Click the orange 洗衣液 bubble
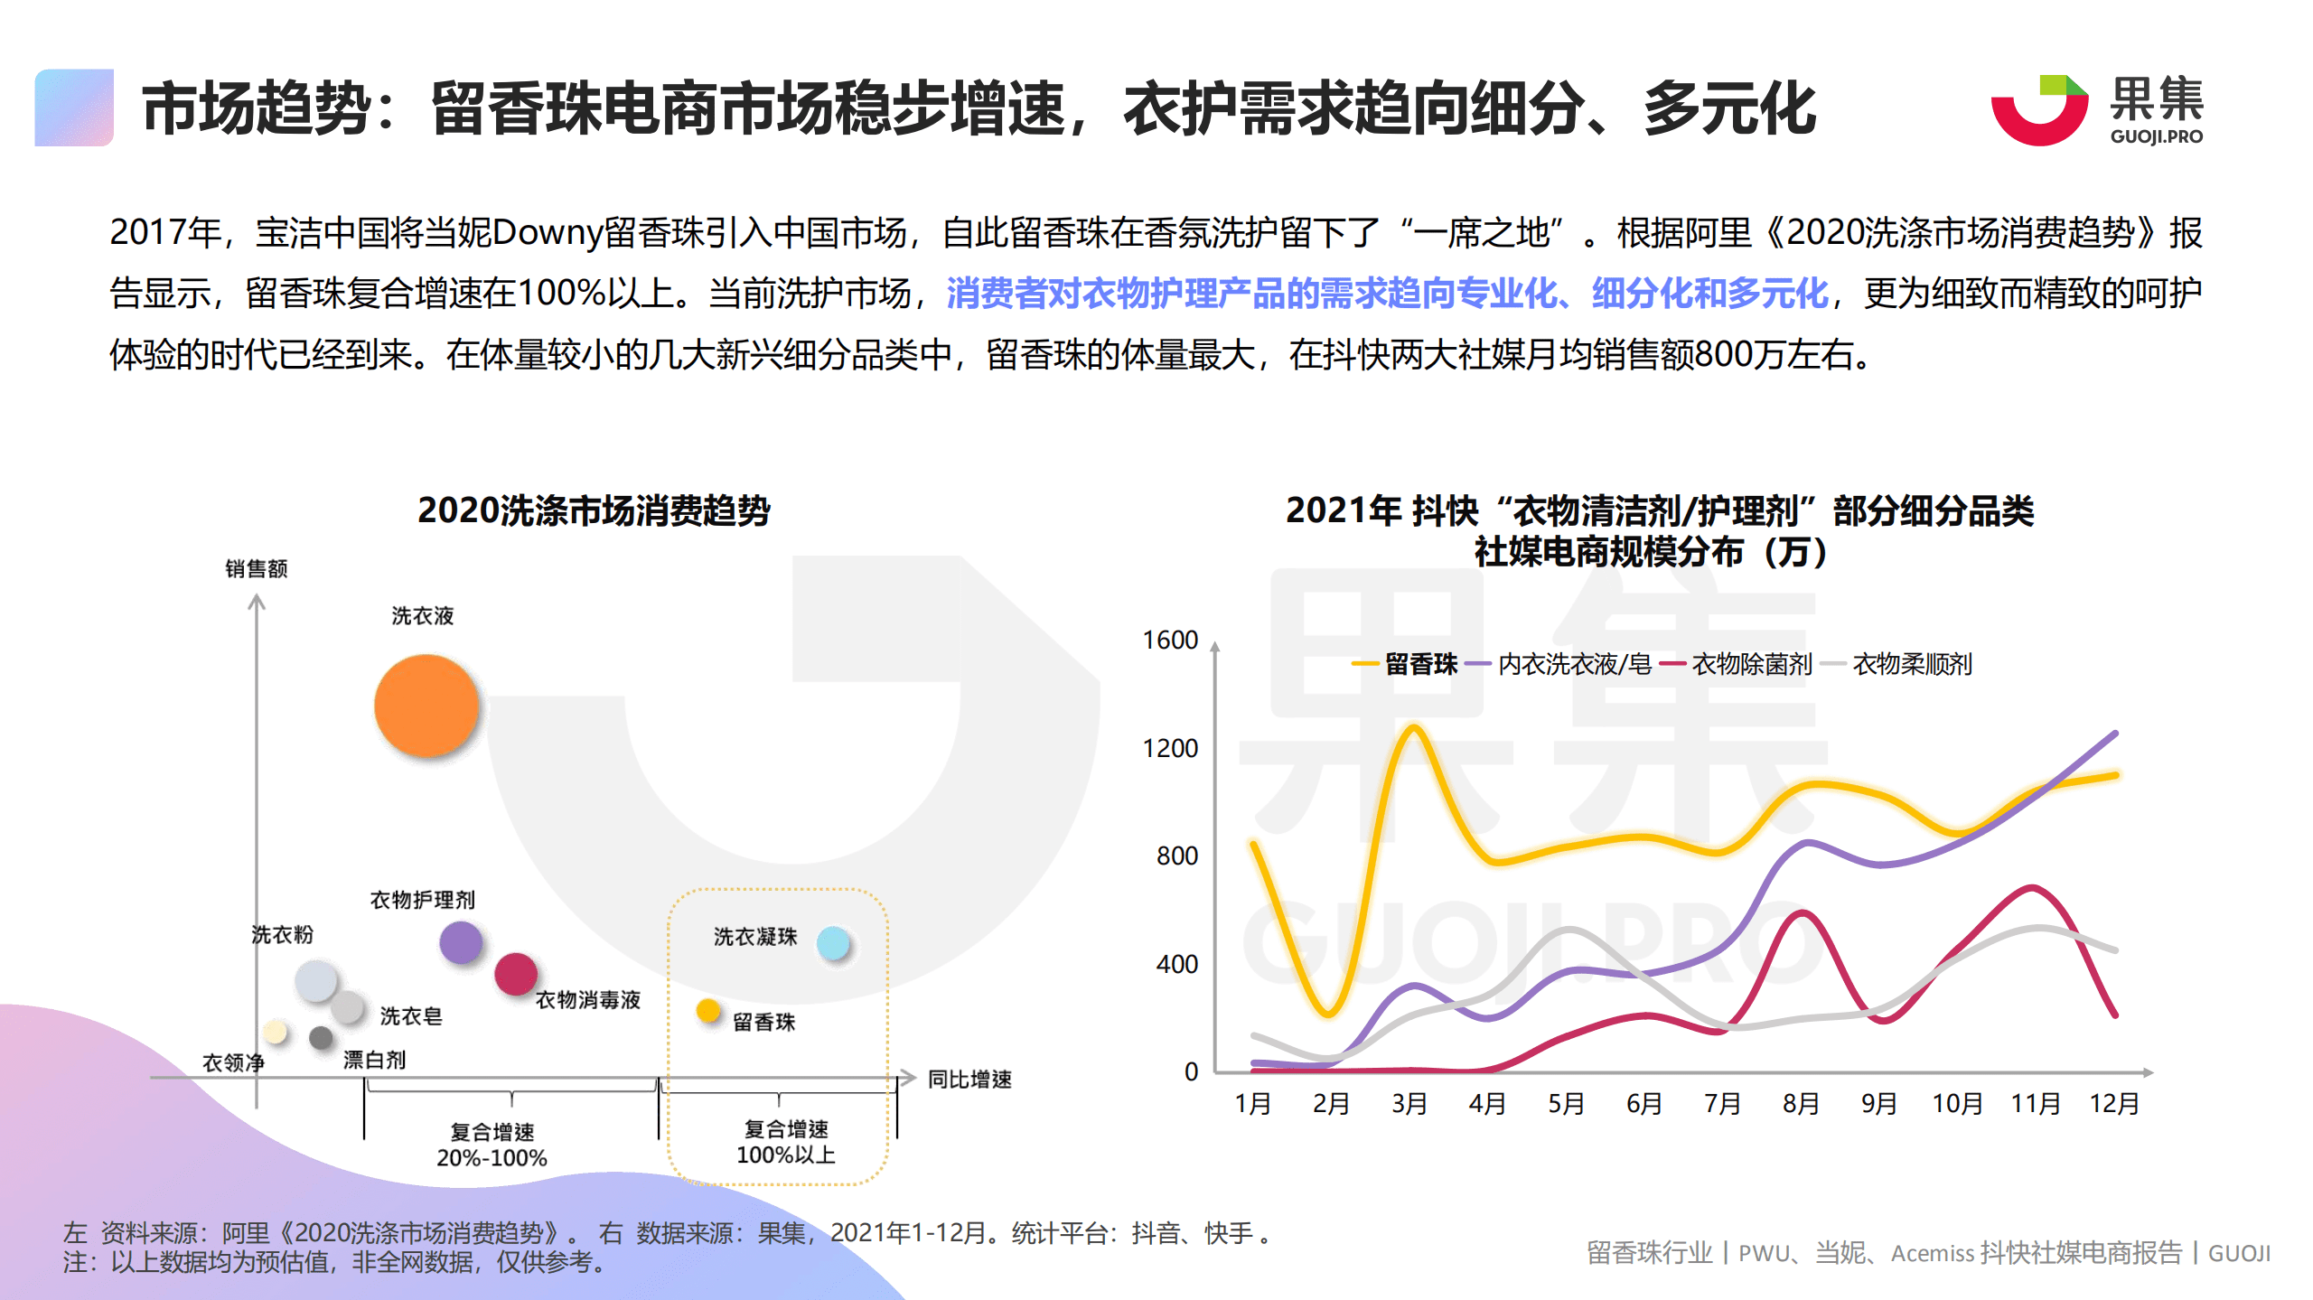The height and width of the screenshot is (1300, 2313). click(x=426, y=706)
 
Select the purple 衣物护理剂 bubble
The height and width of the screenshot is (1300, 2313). click(x=461, y=942)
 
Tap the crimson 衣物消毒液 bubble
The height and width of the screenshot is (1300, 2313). click(x=516, y=974)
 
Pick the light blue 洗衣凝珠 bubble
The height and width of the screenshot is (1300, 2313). click(x=833, y=943)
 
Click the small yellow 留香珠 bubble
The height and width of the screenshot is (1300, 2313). click(x=708, y=1010)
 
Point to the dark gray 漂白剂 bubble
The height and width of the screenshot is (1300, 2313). click(x=321, y=1038)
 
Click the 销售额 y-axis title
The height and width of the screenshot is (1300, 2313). click(x=256, y=568)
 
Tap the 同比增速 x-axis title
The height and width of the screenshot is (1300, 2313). click(x=969, y=1079)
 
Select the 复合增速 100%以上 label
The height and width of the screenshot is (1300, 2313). click(x=786, y=1142)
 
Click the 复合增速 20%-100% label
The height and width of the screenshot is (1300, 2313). click(x=492, y=1145)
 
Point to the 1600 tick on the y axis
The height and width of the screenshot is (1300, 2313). click(x=1170, y=641)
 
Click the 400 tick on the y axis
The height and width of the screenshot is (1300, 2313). click(x=1176, y=965)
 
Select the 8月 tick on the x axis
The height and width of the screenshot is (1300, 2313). click(x=1801, y=1104)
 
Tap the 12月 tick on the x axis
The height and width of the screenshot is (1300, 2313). click(x=2114, y=1104)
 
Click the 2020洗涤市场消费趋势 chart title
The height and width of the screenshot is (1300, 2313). click(x=594, y=511)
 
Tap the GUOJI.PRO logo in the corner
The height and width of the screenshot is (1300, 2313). click(x=2096, y=111)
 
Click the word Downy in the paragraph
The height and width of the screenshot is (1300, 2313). click(x=548, y=233)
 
